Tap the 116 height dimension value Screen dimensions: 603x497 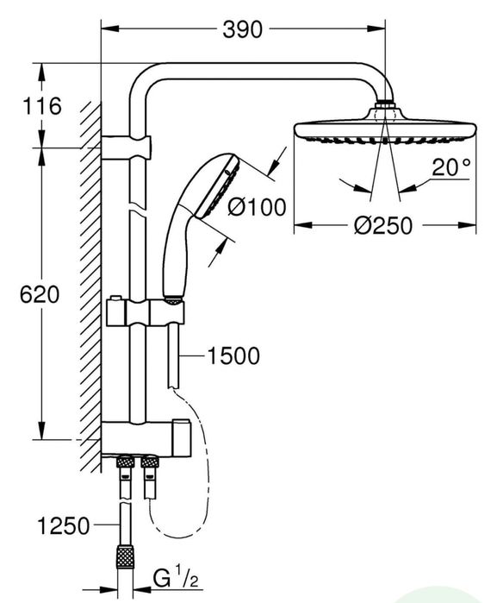pos(42,106)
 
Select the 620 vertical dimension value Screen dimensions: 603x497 pos(41,293)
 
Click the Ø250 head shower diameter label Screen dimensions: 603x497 pos(384,226)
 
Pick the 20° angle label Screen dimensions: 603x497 pos(451,167)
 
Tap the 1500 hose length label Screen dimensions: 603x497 pos(232,355)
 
